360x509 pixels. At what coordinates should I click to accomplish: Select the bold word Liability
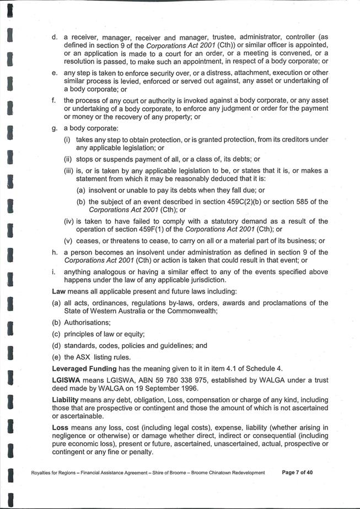(x=66, y=399)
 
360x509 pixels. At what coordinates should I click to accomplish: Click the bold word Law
(x=58, y=290)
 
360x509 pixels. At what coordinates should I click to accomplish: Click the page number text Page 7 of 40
(x=298, y=473)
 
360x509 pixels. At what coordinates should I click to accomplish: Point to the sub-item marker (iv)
(x=69, y=221)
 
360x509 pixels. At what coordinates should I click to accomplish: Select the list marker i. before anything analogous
(x=53, y=272)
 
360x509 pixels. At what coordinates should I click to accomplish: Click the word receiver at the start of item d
(x=82, y=37)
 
